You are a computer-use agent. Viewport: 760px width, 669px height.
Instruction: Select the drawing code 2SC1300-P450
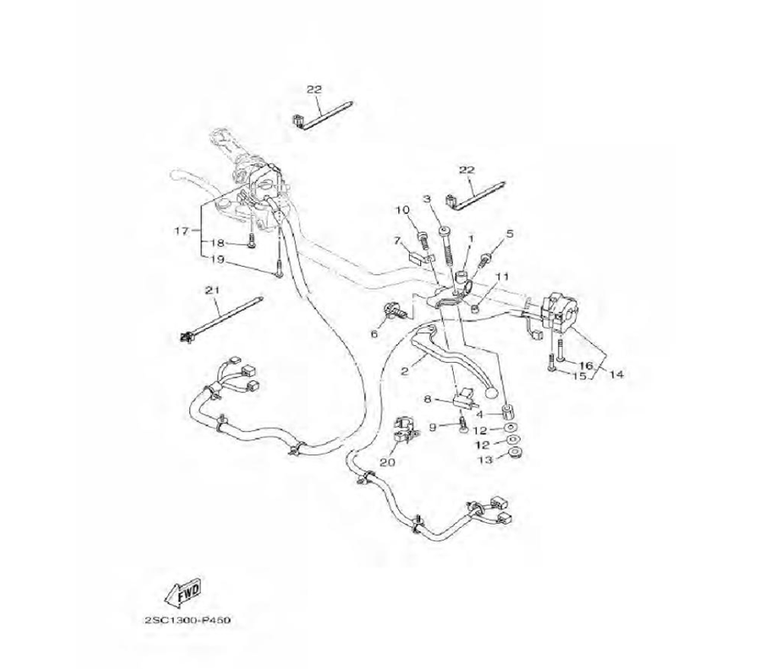(x=187, y=620)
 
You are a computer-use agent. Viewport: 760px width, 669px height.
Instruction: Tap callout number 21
(x=211, y=290)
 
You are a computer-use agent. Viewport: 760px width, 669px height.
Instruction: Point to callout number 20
(x=388, y=461)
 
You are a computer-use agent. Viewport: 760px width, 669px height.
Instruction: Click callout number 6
(x=375, y=333)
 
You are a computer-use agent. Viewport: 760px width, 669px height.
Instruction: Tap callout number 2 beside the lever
(x=405, y=371)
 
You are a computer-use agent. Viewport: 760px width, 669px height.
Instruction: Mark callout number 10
(x=403, y=210)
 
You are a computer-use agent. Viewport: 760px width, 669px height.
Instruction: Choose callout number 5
(x=510, y=233)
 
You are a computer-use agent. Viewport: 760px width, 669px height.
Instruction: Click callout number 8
(x=427, y=398)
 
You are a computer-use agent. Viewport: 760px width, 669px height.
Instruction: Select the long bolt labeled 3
(x=445, y=243)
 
